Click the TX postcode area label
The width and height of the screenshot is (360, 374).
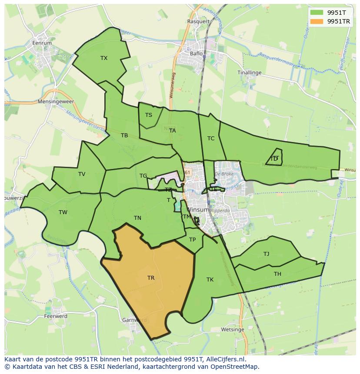click(x=104, y=58)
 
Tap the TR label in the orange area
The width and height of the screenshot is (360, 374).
click(x=151, y=278)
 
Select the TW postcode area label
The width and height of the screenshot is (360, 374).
click(x=63, y=212)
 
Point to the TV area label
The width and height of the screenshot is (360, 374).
click(x=82, y=174)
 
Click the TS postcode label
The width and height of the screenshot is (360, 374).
click(x=149, y=115)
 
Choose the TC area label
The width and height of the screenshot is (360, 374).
click(x=211, y=139)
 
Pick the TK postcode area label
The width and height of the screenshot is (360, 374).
click(x=210, y=280)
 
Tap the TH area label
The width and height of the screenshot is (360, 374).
click(x=277, y=274)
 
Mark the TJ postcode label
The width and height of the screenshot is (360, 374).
click(x=266, y=254)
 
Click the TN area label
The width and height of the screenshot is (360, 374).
click(x=137, y=218)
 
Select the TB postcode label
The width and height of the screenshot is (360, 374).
click(x=124, y=136)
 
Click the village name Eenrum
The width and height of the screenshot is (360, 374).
click(x=42, y=43)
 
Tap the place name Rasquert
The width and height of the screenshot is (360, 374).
click(x=198, y=21)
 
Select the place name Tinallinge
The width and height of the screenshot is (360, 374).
click(x=250, y=73)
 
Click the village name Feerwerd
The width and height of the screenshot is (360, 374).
click(x=56, y=316)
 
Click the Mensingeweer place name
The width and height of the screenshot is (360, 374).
click(x=56, y=102)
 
